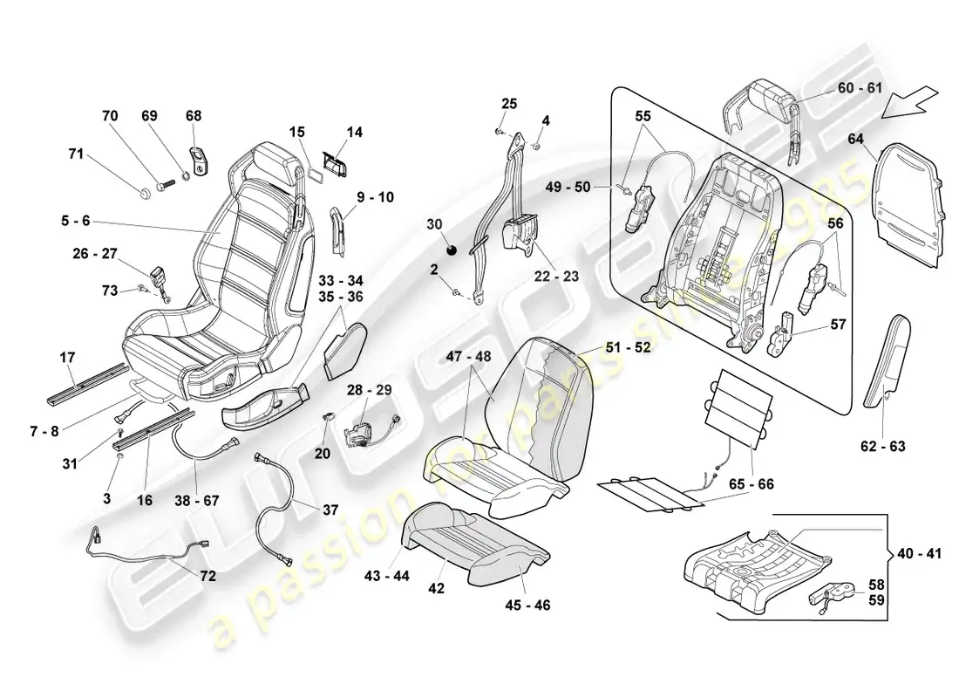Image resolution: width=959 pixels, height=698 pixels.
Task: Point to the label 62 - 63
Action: point(883,447)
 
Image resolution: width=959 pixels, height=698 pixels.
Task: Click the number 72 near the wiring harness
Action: point(207,576)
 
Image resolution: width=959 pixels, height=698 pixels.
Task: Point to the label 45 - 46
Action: point(528,604)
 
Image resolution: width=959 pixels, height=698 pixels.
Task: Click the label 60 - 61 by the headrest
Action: point(860,88)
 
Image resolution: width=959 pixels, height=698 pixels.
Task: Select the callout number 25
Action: point(509,104)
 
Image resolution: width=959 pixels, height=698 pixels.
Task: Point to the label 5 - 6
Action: point(75,222)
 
